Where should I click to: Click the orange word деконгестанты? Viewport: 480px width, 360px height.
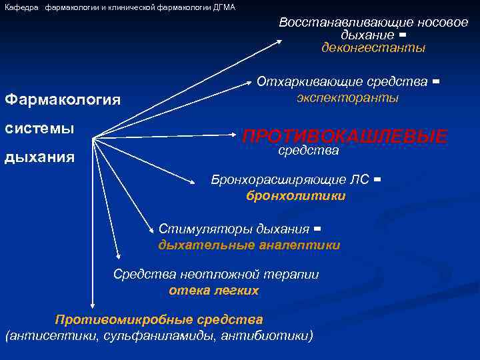pyautogui.click(x=373, y=48)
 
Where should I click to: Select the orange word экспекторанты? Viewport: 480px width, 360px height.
pyautogui.click(x=347, y=97)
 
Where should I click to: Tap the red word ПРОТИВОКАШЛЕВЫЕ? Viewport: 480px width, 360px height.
pyautogui.click(x=345, y=137)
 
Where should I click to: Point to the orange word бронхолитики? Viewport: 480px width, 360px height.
pyautogui.click(x=296, y=195)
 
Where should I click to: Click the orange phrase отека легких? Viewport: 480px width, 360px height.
pyautogui.click(x=213, y=291)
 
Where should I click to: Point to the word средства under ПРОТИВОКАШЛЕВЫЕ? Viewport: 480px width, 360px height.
pyautogui.click(x=308, y=151)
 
